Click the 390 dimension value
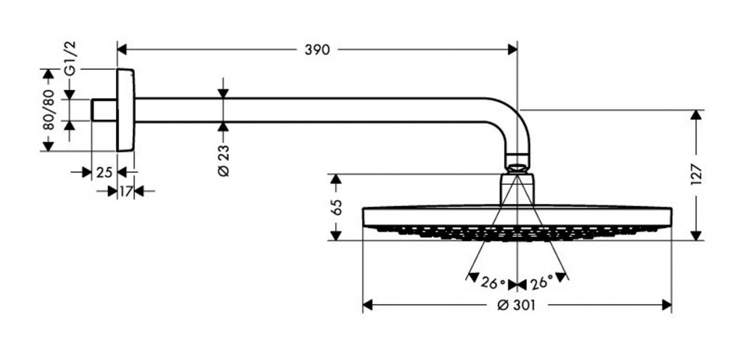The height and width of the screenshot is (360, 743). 317,49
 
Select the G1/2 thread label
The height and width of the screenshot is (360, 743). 71,58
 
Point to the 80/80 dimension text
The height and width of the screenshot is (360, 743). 49,110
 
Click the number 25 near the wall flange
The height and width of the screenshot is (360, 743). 104,172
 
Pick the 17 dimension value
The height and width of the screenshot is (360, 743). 126,191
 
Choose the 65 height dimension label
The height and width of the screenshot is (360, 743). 336,207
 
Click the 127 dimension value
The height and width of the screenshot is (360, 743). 697,174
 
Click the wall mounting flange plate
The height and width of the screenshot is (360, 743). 126,110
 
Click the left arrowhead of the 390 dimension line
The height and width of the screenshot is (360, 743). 122,49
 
